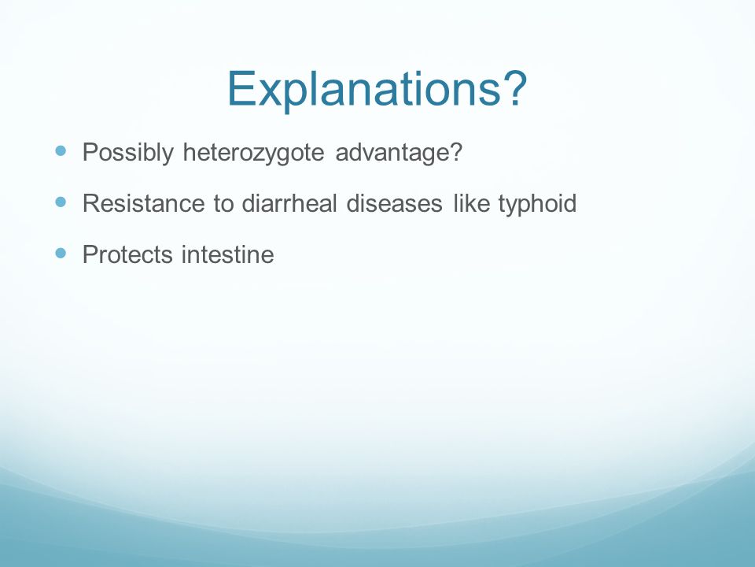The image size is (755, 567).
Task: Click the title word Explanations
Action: click(364, 90)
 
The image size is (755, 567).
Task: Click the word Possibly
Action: click(127, 153)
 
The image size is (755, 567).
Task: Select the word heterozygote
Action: click(254, 153)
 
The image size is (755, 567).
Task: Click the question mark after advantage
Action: click(456, 151)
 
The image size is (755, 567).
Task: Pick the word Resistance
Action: click(143, 203)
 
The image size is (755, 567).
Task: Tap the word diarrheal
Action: click(289, 202)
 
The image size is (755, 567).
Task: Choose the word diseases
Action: click(394, 202)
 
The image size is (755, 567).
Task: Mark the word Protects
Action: click(127, 254)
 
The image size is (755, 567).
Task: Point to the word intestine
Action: click(228, 254)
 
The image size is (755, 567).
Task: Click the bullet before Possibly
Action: click(61, 151)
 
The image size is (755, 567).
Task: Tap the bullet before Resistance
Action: click(61, 202)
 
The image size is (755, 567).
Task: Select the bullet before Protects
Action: click(61, 253)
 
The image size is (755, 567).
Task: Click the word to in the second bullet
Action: click(223, 203)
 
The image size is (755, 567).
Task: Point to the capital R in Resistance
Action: click(91, 203)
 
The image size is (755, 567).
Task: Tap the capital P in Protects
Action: click(90, 254)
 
